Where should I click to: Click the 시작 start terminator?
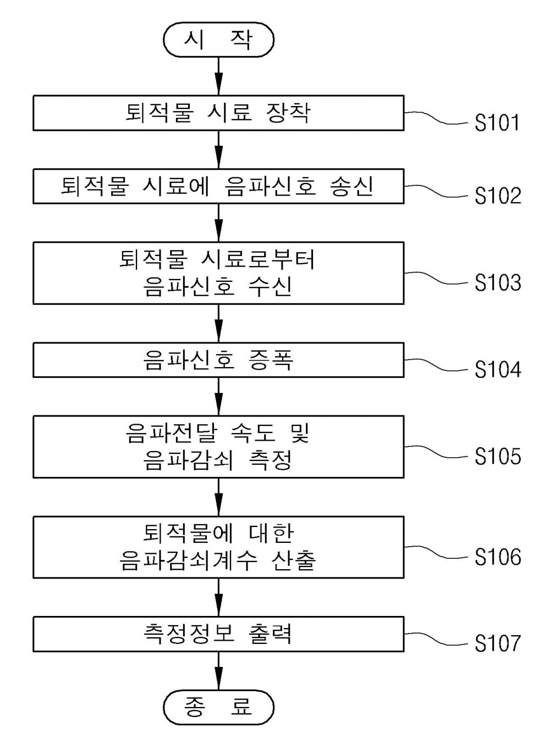pyautogui.click(x=218, y=40)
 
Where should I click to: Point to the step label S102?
pyautogui.click(x=498, y=196)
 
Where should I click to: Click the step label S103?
pyautogui.click(x=498, y=282)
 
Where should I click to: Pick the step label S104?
pyautogui.click(x=498, y=369)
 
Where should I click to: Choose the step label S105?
pyautogui.click(x=498, y=457)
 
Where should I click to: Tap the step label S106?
pyautogui.click(x=498, y=557)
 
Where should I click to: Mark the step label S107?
pyautogui.click(x=498, y=643)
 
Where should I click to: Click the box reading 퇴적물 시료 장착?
pyautogui.click(x=218, y=113)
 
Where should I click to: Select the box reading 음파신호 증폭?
pyautogui.click(x=218, y=360)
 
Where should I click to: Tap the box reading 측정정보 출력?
pyautogui.click(x=218, y=634)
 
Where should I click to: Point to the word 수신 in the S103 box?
pyautogui.click(x=270, y=287)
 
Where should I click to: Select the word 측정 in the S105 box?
pyautogui.click(x=270, y=460)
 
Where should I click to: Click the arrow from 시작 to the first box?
pyautogui.click(x=218, y=76)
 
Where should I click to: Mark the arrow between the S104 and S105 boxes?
pyautogui.click(x=218, y=397)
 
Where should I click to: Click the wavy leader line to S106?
pyautogui.click(x=436, y=552)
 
